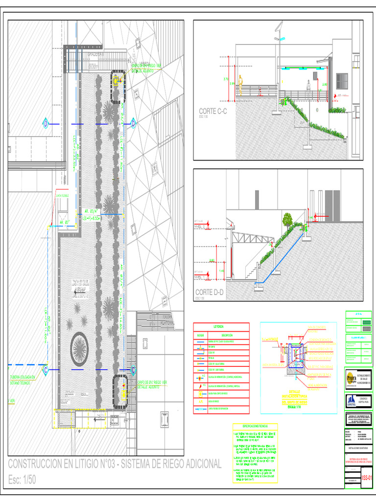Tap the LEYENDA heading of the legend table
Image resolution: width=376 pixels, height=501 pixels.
[x=218, y=326]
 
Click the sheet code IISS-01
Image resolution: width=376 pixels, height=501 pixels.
[x=367, y=478]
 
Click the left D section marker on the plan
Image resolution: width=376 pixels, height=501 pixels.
[x=46, y=124]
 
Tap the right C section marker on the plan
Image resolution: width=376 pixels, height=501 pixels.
[x=132, y=370]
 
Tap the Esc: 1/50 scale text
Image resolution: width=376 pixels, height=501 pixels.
[x=23, y=480]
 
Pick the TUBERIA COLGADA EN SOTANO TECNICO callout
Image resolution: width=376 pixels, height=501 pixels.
[x=23, y=380]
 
